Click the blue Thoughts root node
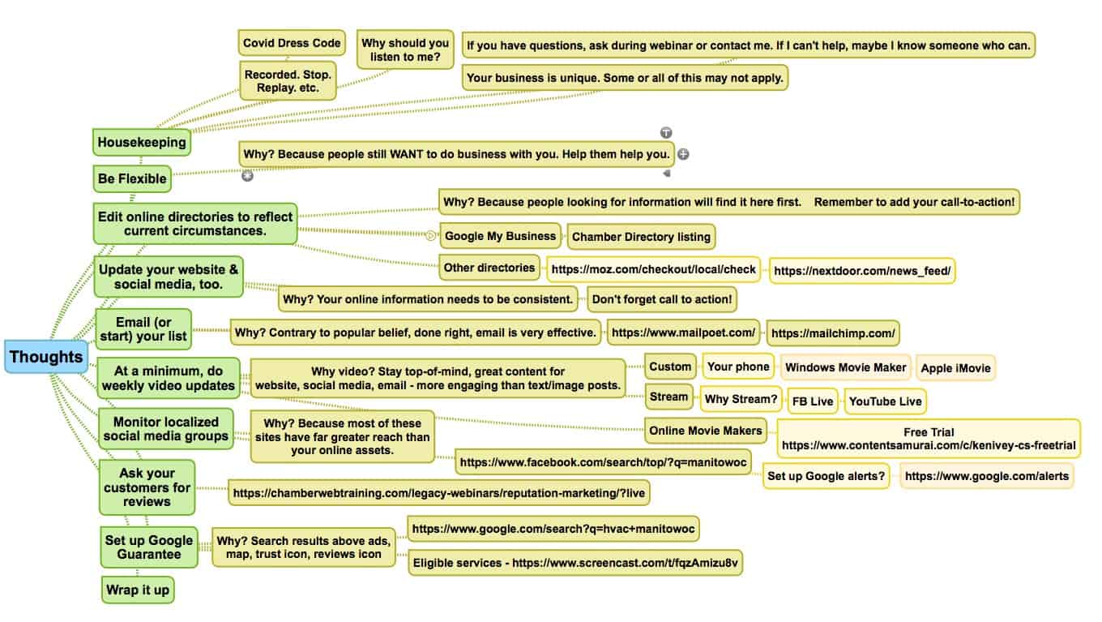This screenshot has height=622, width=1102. click(46, 357)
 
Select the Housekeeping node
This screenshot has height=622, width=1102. click(142, 142)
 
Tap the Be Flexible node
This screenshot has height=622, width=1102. click(132, 178)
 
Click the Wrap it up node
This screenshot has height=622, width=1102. click(138, 590)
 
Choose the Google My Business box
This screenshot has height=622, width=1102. click(500, 236)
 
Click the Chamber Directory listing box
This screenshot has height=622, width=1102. click(641, 237)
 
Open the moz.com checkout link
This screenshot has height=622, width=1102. click(654, 269)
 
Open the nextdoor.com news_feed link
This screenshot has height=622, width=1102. click(862, 271)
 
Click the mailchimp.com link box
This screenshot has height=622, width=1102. click(832, 332)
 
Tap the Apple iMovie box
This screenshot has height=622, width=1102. click(955, 368)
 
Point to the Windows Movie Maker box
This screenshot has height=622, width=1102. click(845, 367)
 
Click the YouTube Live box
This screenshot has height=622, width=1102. click(884, 401)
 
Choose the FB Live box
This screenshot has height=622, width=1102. click(813, 401)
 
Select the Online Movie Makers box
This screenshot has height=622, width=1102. click(705, 431)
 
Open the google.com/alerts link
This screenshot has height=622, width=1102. click(986, 476)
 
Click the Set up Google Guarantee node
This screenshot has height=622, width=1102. click(149, 547)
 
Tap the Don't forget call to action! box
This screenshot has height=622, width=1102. click(662, 299)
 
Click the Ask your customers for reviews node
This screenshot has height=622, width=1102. click(147, 487)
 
